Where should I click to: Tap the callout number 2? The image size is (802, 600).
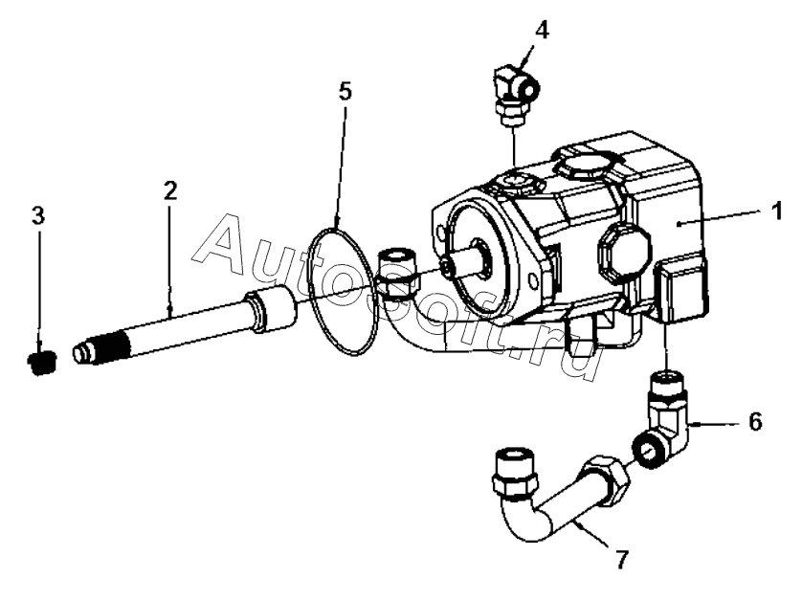click(x=169, y=190)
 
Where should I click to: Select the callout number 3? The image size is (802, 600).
click(x=37, y=214)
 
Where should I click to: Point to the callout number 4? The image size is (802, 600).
click(x=542, y=29)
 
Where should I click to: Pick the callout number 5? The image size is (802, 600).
click(x=345, y=92)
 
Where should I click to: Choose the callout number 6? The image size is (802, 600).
click(x=755, y=421)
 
